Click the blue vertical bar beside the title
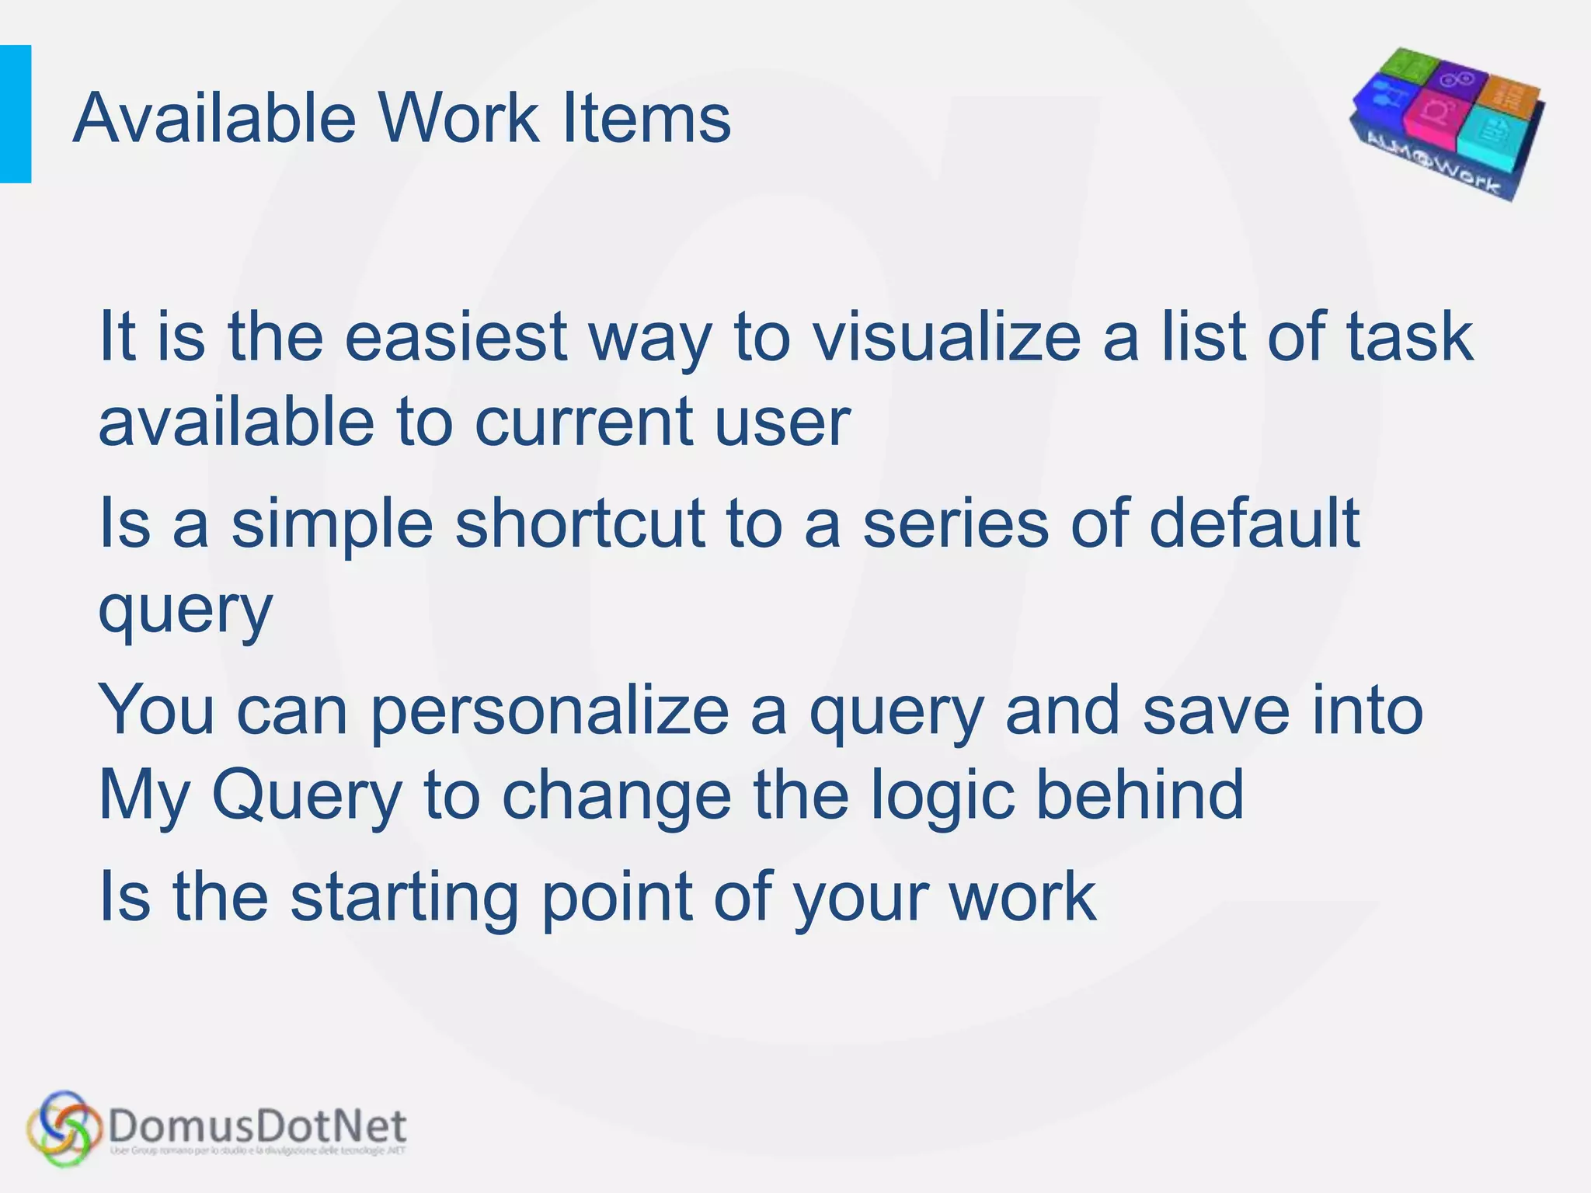coord(15,114)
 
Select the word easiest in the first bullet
coord(456,337)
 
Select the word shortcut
coord(580,523)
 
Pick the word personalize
coord(549,711)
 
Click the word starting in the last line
coord(404,898)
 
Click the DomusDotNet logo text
coord(257,1126)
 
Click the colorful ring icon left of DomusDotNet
coord(64,1128)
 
